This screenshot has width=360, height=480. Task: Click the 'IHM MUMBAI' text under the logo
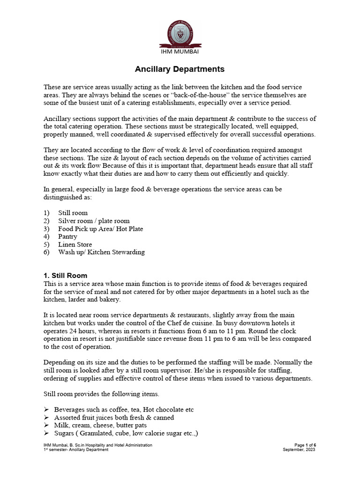click(x=180, y=52)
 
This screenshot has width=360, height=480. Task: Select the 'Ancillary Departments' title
click(x=180, y=69)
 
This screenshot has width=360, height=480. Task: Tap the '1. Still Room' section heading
click(x=66, y=276)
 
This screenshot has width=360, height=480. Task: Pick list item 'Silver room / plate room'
click(x=94, y=221)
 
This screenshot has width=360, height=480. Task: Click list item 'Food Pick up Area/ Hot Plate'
click(x=100, y=229)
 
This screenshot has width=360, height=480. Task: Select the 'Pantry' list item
click(x=68, y=237)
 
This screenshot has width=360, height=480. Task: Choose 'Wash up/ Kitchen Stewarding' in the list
click(x=101, y=252)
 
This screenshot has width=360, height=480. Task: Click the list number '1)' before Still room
click(x=46, y=213)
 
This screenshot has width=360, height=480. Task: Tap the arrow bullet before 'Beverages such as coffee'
click(x=46, y=410)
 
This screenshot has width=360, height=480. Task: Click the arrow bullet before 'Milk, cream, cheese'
click(x=46, y=426)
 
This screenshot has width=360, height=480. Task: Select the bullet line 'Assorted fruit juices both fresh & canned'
click(x=114, y=418)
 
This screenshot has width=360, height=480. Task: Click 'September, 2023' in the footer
click(x=299, y=450)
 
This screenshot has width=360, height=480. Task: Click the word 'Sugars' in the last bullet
click(x=65, y=434)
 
